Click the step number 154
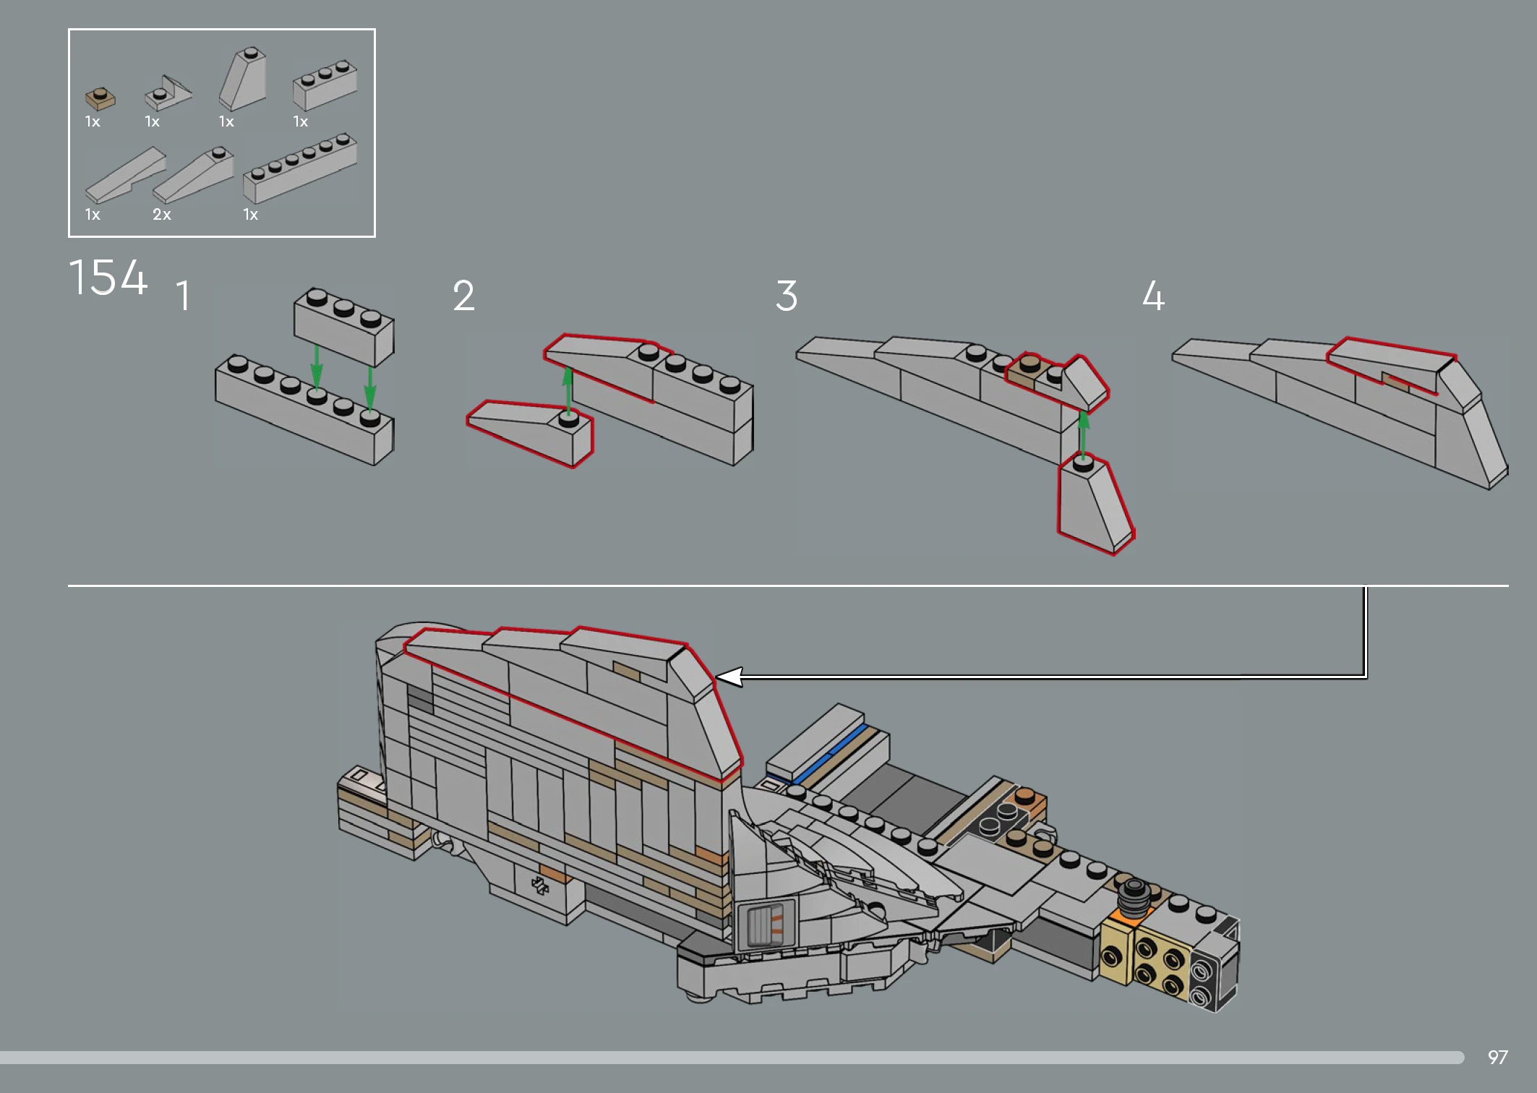pyautogui.click(x=108, y=278)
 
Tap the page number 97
pyautogui.click(x=1497, y=1058)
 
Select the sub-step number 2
pyautogui.click(x=464, y=296)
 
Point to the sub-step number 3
pyautogui.click(x=787, y=296)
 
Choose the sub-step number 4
pyautogui.click(x=1154, y=296)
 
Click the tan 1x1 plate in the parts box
pyautogui.click(x=100, y=98)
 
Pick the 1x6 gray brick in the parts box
pyautogui.click(x=300, y=167)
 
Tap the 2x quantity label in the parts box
pyautogui.click(x=162, y=215)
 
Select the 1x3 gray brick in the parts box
pyautogui.click(x=325, y=85)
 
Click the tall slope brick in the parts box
pyautogui.click(x=243, y=79)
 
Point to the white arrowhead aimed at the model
pyautogui.click(x=729, y=677)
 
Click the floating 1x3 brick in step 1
pyautogui.click(x=343, y=327)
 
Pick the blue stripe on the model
pyautogui.click(x=831, y=754)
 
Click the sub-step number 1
pyautogui.click(x=184, y=296)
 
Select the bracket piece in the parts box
pyautogui.click(x=168, y=93)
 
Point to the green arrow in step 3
pyautogui.click(x=1083, y=434)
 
